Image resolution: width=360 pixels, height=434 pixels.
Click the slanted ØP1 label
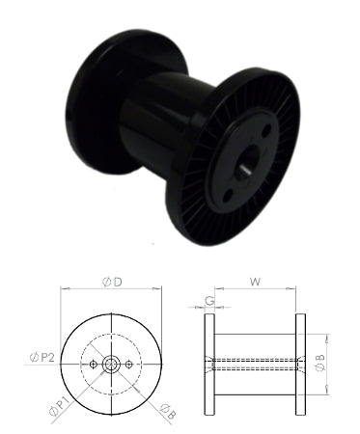coord(58,406)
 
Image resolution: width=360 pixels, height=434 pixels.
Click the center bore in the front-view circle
coord(111,364)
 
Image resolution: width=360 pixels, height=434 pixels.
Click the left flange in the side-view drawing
coord(208,364)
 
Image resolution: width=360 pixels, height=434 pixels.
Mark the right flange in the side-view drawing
coord(302,364)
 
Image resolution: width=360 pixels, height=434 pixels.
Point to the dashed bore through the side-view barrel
coord(255,364)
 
